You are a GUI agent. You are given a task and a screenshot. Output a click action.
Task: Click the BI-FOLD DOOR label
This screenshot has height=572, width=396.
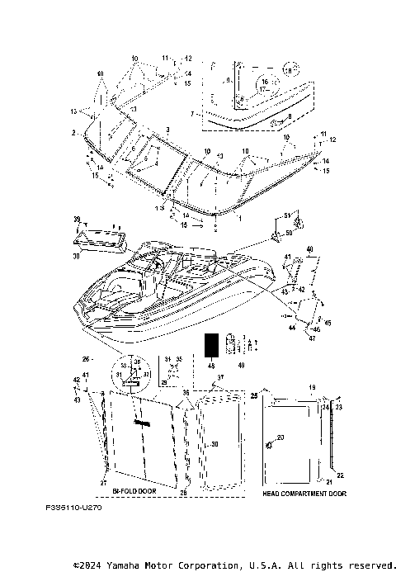[x=133, y=491]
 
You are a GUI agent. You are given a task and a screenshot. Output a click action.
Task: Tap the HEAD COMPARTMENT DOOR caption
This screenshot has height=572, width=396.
[x=304, y=493]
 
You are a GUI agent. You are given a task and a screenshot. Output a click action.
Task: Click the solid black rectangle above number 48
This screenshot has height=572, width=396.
[x=211, y=343]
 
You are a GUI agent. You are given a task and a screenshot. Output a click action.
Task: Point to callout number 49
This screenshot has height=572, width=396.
[x=241, y=365]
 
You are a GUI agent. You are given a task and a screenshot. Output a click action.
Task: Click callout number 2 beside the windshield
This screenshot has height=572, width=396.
[x=73, y=132]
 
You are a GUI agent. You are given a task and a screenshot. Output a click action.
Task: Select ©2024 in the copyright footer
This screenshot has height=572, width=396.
[x=88, y=565]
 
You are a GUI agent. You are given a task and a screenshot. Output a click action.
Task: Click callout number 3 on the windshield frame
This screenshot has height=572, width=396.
[x=167, y=130]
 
